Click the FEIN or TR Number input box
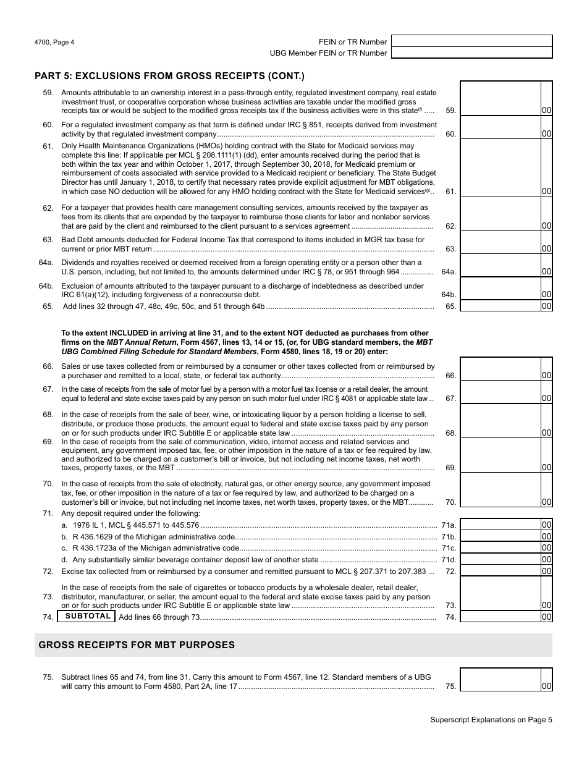tap(471, 41)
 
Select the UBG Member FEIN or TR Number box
tap(471, 53)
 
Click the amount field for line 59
tap(500, 99)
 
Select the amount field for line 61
tap(500, 169)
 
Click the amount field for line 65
tap(500, 306)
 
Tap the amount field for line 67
tap(500, 392)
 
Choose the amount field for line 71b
tap(500, 536)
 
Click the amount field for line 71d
tap(500, 559)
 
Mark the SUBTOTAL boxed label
tap(88, 616)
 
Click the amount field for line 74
tap(500, 617)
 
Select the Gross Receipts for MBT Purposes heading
tap(137, 644)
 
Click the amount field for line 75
tap(500, 680)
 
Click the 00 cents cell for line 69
tap(546, 467)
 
